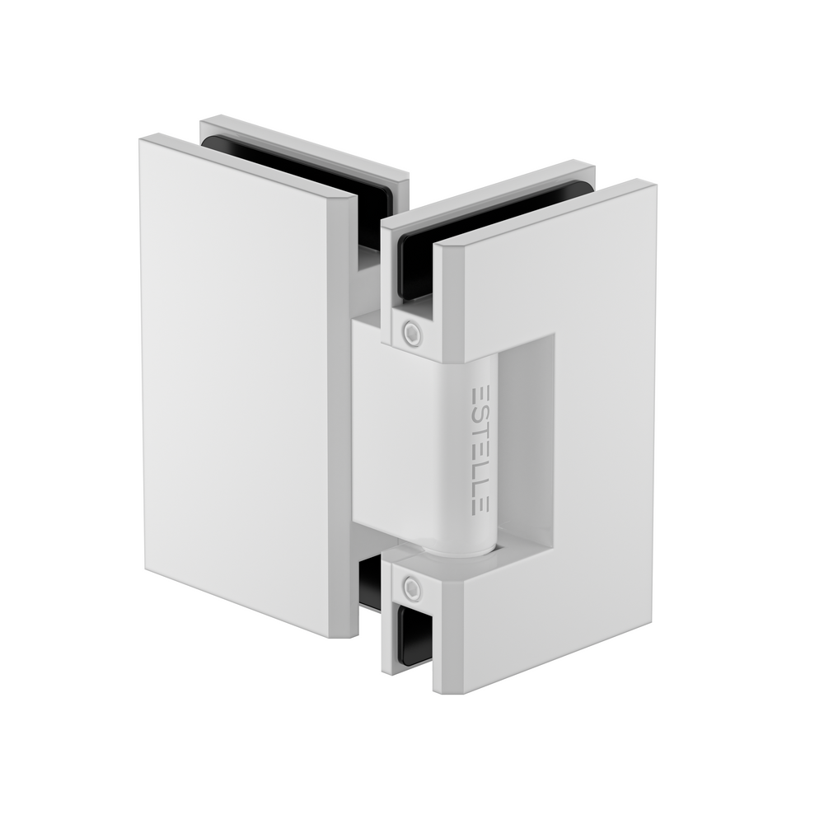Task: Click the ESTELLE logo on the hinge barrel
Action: (480, 448)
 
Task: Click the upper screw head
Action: (410, 334)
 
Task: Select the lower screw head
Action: (410, 588)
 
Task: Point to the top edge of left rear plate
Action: (305, 145)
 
